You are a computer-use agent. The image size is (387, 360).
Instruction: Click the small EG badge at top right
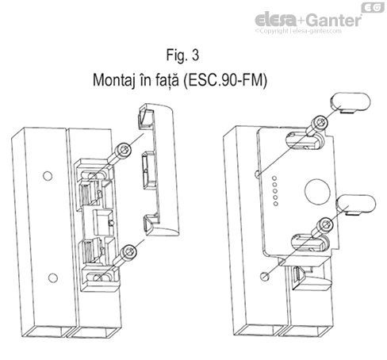[x=372, y=7]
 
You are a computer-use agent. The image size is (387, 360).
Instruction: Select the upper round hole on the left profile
[x=47, y=174]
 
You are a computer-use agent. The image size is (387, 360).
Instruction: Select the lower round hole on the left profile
[x=52, y=277]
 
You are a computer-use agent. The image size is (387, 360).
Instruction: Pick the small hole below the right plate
[x=265, y=276]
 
